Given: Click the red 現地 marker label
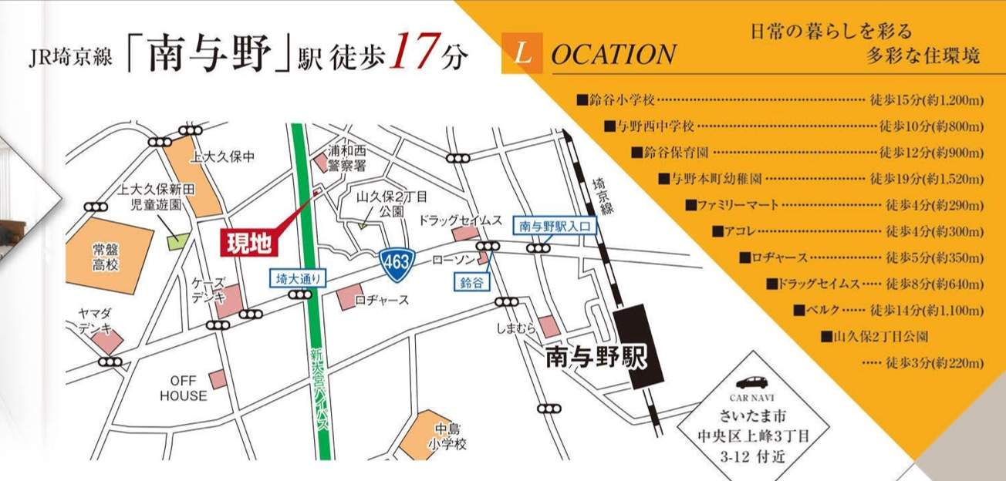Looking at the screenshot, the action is point(248,243).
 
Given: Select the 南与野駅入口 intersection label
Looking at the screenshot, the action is point(555,226).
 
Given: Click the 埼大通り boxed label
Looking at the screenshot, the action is point(292,278).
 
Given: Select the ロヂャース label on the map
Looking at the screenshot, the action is point(382,300).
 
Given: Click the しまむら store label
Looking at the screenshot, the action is point(516,329).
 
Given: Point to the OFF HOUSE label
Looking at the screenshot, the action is point(184,388).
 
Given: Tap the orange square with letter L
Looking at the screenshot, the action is point(522,54).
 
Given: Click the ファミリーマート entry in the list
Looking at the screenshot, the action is point(732,205).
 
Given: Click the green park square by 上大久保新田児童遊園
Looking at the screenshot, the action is point(178,240).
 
